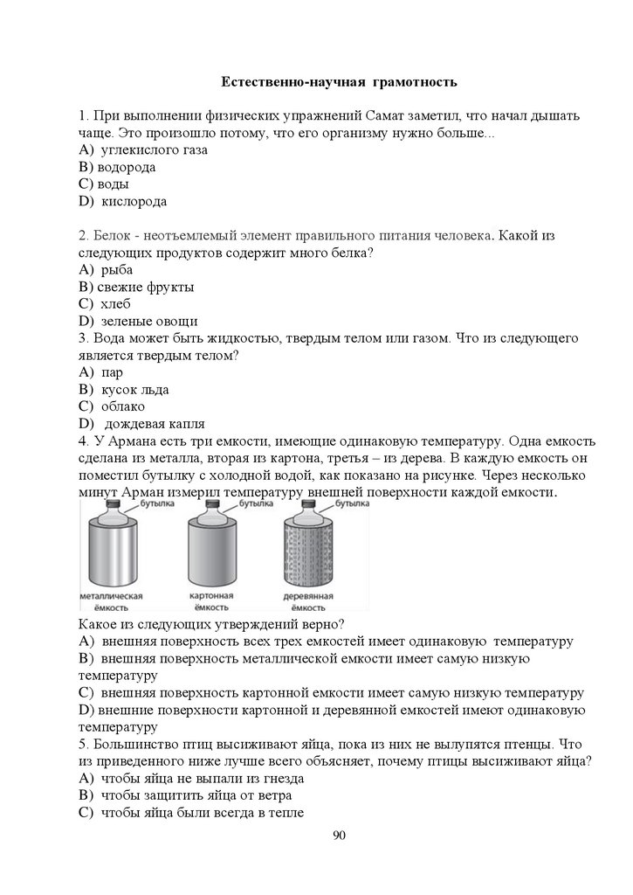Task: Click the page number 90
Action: pyautogui.click(x=340, y=836)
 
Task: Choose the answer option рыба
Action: pyautogui.click(x=117, y=270)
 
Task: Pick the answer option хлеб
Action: pyautogui.click(x=116, y=304)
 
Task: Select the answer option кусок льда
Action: pyautogui.click(x=134, y=390)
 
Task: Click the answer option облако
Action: pyautogui.click(x=123, y=406)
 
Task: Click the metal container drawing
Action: pyautogui.click(x=110, y=554)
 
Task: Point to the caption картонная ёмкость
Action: pyautogui.click(x=210, y=601)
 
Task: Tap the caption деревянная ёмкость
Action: pyautogui.click(x=311, y=601)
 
